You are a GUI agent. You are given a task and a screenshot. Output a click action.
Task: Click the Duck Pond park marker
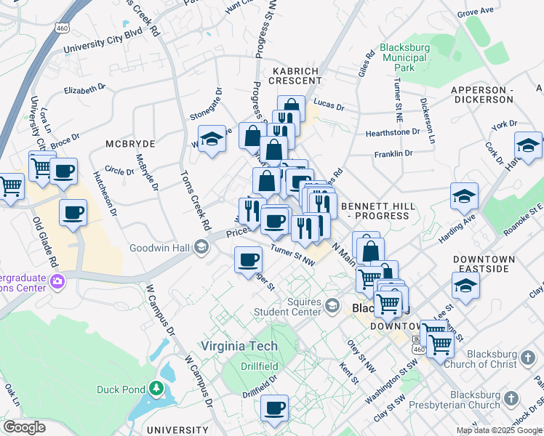click(x=154, y=389)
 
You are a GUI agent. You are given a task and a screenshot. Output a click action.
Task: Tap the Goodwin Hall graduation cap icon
click(x=200, y=248)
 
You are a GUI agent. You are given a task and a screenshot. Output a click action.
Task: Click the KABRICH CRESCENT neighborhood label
click(x=295, y=76)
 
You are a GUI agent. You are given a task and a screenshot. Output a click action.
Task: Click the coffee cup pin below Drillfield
click(x=274, y=408)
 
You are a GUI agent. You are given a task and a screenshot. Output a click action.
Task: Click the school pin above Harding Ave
click(x=463, y=196)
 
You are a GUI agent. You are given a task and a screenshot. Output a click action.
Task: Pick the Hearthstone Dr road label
click(x=393, y=132)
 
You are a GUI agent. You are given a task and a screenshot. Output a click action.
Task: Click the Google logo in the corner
click(x=23, y=427)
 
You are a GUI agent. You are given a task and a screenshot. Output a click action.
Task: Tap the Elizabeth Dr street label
click(x=85, y=89)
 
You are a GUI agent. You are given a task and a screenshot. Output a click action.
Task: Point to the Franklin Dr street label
click(x=393, y=154)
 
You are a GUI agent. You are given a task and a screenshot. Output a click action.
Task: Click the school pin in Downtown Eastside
click(x=465, y=286)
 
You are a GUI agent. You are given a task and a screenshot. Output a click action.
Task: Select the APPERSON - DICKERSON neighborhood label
click(x=482, y=94)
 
